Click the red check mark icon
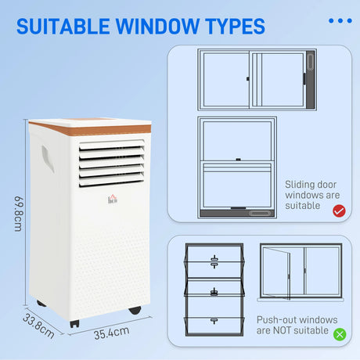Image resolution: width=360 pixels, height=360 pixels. (338, 211)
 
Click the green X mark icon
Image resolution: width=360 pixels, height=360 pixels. (338, 334)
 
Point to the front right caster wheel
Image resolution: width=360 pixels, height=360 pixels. (134, 311)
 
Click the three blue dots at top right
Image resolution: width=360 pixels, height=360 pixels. (340, 21)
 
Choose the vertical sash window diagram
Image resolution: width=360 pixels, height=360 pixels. (238, 167)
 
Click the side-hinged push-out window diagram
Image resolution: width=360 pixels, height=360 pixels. (301, 272)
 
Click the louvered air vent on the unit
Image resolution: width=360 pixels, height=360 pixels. (111, 163)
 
